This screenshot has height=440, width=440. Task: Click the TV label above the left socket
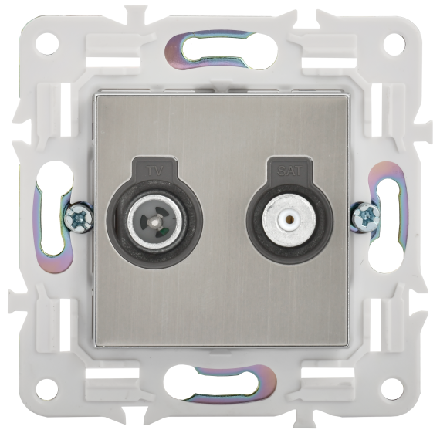click(155, 171)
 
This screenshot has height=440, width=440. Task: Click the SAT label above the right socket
click(289, 171)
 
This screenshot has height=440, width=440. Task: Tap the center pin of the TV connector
click(154, 222)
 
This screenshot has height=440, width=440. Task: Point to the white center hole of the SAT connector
click(289, 218)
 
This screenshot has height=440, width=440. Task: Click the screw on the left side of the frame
click(78, 218)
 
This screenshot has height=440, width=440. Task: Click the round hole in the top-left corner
click(47, 44)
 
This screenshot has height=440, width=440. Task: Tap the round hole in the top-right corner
click(394, 44)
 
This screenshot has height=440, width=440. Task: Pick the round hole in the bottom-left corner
click(46, 390)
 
